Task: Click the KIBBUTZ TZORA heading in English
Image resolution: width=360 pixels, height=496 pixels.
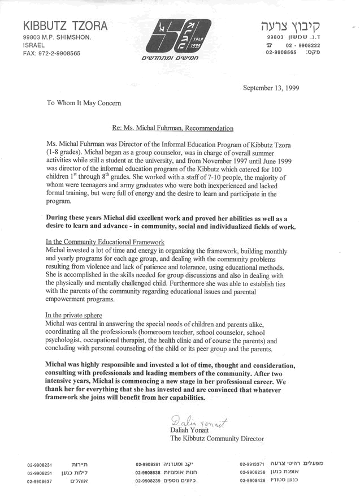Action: [65, 26]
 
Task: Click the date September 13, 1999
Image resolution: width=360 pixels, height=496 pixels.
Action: [271, 88]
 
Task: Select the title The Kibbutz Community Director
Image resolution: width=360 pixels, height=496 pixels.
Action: [216, 438]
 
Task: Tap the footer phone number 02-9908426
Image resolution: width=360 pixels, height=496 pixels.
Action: [252, 481]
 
